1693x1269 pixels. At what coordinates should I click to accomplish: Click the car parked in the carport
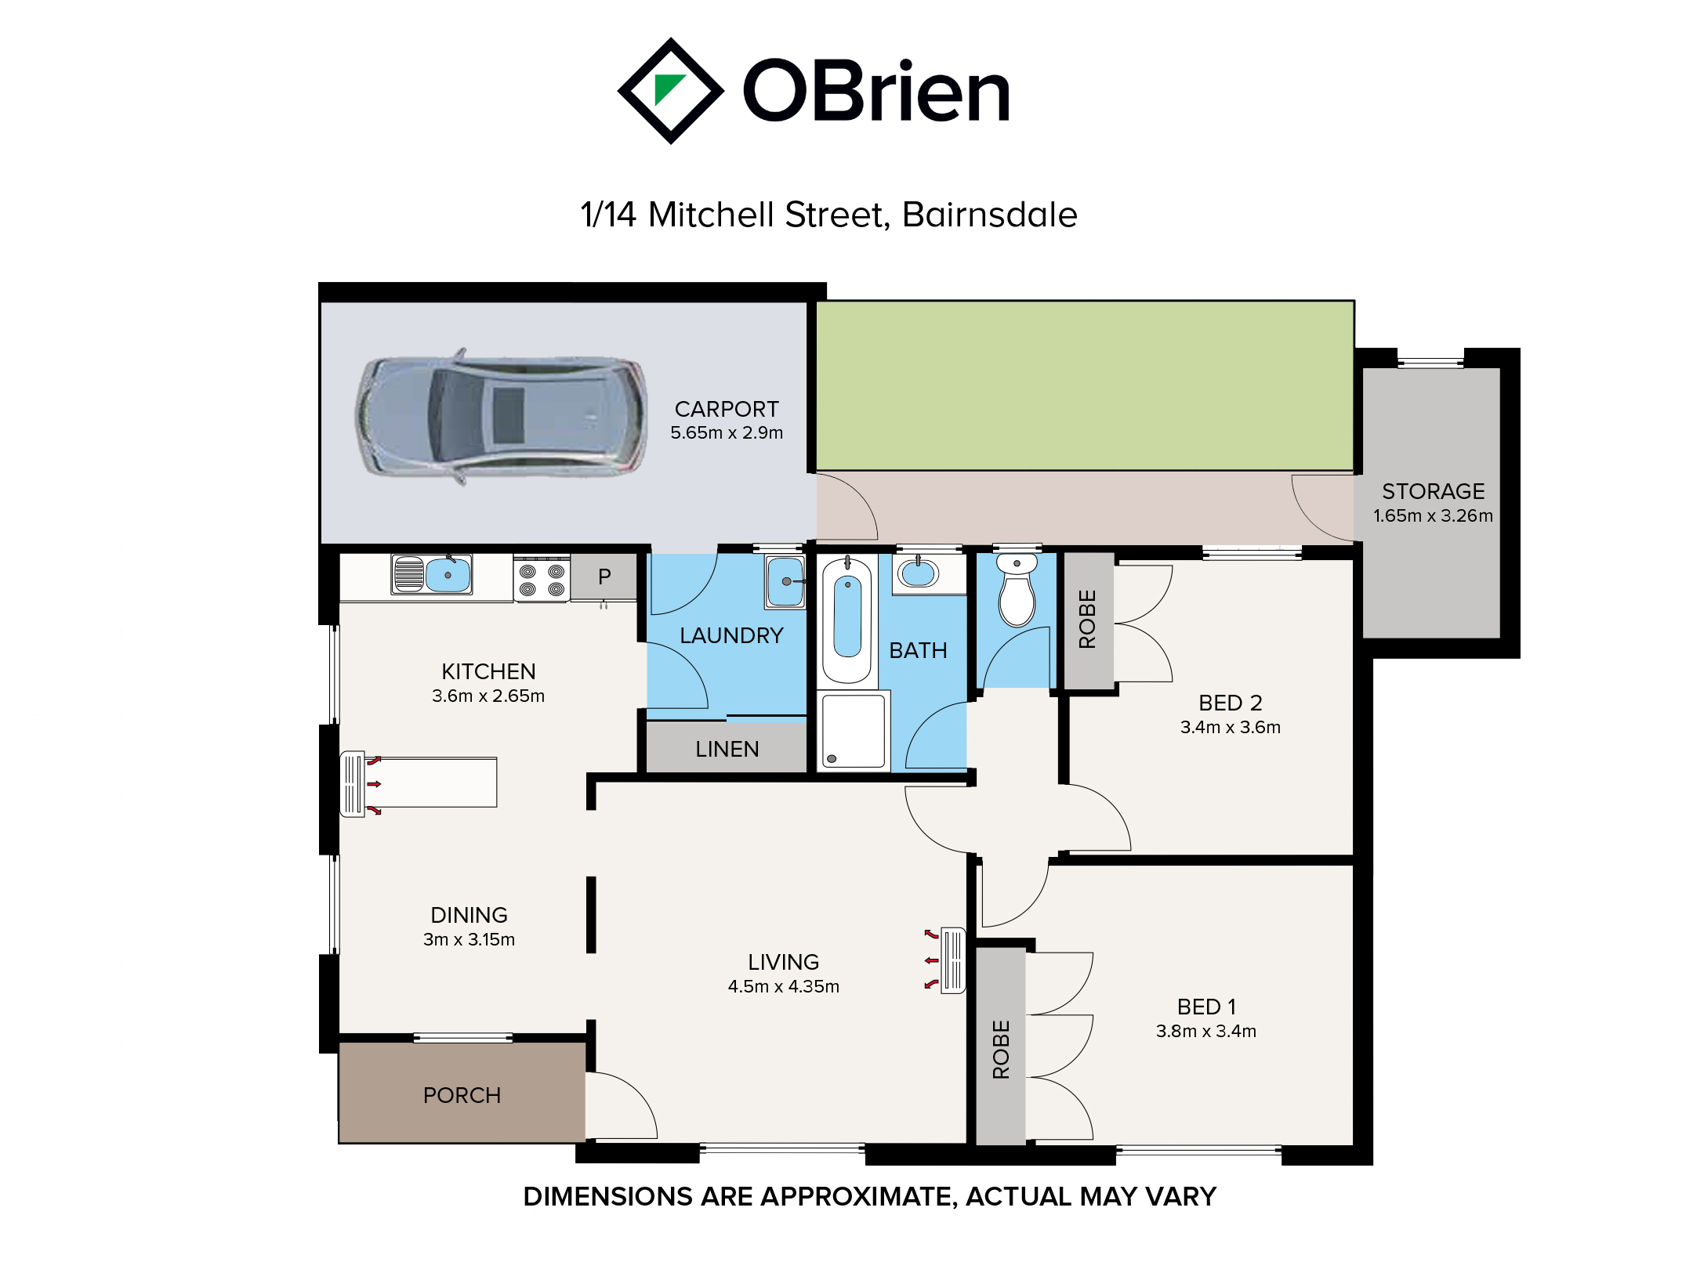[502, 416]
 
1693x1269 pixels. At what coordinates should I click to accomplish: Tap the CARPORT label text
[727, 409]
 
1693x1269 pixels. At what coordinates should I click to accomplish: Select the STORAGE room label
[1433, 491]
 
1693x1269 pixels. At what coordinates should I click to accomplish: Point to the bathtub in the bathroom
[847, 619]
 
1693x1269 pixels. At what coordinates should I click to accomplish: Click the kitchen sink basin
[448, 575]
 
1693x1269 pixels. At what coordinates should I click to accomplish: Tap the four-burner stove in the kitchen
[542, 578]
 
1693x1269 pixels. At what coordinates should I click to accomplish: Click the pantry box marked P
[604, 577]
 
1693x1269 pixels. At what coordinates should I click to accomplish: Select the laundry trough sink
[785, 582]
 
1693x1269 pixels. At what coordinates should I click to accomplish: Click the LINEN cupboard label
[727, 749]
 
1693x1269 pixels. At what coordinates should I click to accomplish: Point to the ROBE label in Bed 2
[1087, 619]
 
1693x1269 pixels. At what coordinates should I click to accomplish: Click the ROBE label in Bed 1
[1001, 1049]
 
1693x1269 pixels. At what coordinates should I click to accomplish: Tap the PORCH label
[462, 1095]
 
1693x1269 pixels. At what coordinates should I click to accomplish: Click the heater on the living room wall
[953, 960]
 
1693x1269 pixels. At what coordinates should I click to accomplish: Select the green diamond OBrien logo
[671, 91]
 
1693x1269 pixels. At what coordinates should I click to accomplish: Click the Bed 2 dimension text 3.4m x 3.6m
[1230, 727]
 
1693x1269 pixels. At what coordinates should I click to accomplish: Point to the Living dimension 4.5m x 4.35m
[783, 986]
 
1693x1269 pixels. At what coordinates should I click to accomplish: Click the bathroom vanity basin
[918, 574]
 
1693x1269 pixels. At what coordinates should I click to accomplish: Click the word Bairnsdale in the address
[989, 215]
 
